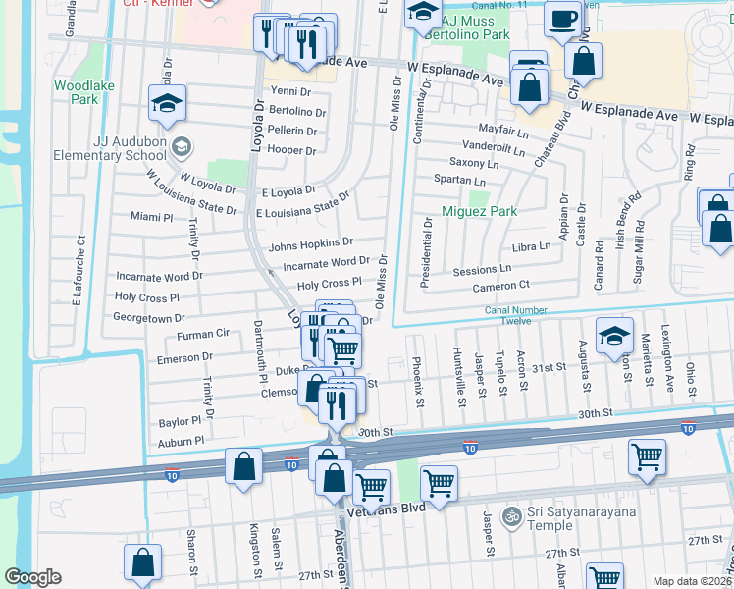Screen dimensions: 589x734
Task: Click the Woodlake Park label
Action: click(x=76, y=92)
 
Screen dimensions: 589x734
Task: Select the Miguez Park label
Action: click(x=478, y=211)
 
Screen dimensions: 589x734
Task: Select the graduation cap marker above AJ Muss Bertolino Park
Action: click(x=422, y=14)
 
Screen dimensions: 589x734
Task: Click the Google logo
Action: click(x=32, y=577)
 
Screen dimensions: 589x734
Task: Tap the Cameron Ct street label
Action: click(x=500, y=285)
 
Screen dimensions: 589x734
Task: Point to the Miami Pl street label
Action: click(x=151, y=216)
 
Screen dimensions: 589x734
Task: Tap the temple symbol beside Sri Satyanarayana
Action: click(x=510, y=515)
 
